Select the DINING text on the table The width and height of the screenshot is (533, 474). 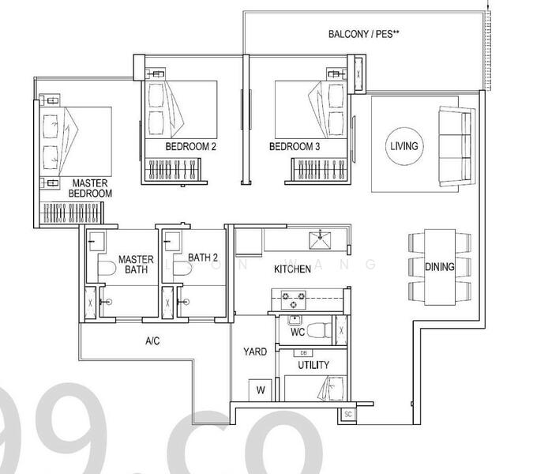pyautogui.click(x=440, y=267)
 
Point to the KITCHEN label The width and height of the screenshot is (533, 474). pyautogui.click(x=292, y=269)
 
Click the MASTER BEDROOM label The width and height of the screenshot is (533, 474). pyautogui.click(x=90, y=187)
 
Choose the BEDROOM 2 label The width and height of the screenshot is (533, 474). pyautogui.click(x=190, y=147)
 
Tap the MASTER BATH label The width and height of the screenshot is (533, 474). pyautogui.click(x=135, y=265)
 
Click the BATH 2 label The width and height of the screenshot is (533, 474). pyautogui.click(x=203, y=257)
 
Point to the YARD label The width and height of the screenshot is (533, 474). pyautogui.click(x=254, y=351)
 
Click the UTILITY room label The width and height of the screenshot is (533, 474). pyautogui.click(x=313, y=365)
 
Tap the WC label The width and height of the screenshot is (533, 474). pyautogui.click(x=297, y=333)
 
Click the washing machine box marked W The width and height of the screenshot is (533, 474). pyautogui.click(x=259, y=389)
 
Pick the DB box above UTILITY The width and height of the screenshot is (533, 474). pyautogui.click(x=305, y=352)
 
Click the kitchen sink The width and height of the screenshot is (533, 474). pyautogui.click(x=320, y=238)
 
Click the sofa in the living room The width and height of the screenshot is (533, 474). pyautogui.click(x=449, y=146)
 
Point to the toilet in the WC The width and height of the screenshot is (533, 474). pyautogui.click(x=320, y=329)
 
